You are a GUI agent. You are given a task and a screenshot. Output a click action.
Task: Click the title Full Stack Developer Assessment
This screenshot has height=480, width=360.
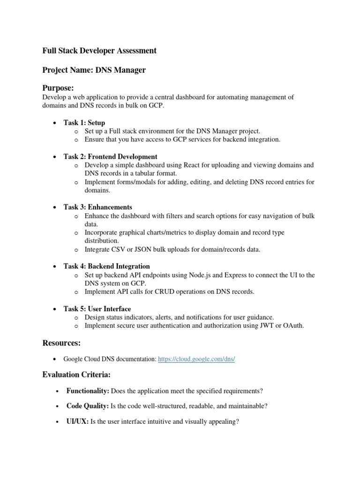(x=99, y=51)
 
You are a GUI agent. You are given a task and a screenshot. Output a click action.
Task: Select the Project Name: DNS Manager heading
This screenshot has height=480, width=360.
(x=94, y=70)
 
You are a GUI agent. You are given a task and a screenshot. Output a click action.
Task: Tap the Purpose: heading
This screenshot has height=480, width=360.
(x=58, y=88)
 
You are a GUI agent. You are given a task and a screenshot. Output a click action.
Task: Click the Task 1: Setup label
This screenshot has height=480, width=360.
(x=84, y=122)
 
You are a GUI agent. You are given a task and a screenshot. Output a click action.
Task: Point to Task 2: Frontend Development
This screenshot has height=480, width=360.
(x=110, y=157)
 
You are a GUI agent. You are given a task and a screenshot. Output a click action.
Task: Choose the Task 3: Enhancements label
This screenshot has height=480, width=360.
(x=97, y=207)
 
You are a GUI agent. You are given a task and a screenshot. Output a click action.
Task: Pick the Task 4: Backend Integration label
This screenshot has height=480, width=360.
(x=106, y=266)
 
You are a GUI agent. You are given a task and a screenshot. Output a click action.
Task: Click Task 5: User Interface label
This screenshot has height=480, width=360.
(x=97, y=309)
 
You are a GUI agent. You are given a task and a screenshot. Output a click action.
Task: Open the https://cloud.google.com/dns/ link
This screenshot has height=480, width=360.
(x=196, y=359)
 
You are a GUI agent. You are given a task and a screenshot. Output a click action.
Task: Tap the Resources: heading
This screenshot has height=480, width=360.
(x=61, y=343)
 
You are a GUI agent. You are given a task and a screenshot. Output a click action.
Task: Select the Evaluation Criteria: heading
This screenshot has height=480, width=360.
(x=75, y=374)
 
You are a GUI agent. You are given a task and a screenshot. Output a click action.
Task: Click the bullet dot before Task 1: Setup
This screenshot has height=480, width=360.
(x=55, y=123)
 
